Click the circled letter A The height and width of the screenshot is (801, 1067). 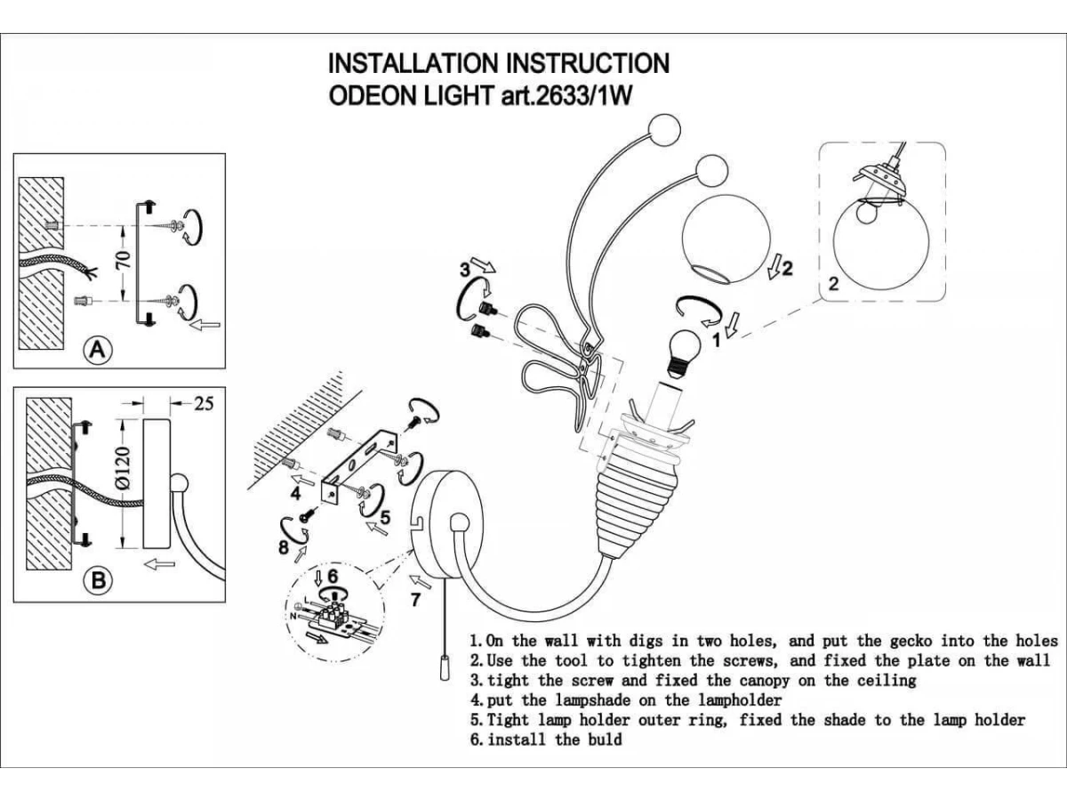coord(99,351)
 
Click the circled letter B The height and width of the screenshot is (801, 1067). coord(99,581)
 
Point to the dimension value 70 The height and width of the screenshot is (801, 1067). coord(124,260)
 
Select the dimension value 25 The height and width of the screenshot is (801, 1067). coord(204,403)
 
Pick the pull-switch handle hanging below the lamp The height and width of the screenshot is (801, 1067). coord(442,667)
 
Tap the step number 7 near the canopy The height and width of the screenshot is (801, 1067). coord(414,599)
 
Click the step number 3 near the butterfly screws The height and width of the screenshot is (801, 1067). coord(464,270)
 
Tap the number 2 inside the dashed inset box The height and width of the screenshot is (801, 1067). coord(833,285)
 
